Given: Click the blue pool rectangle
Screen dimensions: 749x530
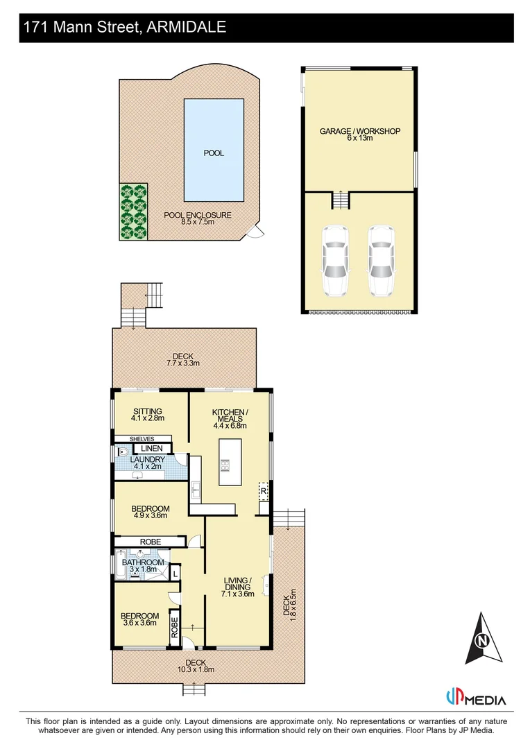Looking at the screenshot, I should click(214, 148).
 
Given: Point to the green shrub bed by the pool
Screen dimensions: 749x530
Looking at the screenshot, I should click(134, 212).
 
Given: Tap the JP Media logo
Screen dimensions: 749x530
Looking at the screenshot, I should click(477, 698).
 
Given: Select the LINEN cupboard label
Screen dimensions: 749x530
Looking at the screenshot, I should click(152, 449).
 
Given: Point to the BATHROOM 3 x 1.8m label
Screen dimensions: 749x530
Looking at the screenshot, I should click(144, 566).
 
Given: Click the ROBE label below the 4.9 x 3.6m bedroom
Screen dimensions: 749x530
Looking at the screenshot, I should click(150, 541).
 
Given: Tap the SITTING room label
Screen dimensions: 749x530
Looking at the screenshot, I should click(147, 414).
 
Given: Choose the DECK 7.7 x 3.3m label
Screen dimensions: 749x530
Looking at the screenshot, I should click(183, 359).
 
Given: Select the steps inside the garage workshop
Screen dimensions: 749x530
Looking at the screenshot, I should click(341, 200).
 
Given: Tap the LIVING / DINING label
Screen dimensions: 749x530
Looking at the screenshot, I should click(237, 587).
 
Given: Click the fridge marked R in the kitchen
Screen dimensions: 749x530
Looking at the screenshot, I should click(264, 490).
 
